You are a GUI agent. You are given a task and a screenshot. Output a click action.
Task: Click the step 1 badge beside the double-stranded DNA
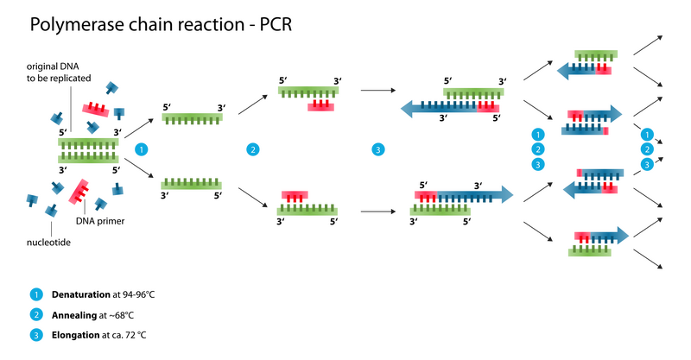pos(142,149)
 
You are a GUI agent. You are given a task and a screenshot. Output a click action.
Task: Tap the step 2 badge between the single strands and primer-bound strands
pos(252,149)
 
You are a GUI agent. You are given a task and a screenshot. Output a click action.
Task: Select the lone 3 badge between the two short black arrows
pos(377,149)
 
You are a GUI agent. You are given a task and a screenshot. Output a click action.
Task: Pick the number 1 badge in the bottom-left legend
pos(36,294)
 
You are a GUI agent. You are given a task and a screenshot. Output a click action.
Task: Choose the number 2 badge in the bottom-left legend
pos(36,314)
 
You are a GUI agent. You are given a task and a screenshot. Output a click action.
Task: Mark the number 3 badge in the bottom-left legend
pos(36,334)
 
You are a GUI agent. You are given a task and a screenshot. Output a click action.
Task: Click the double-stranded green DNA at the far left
pos(88,149)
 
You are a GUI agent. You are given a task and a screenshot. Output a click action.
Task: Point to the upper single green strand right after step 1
pos(192,117)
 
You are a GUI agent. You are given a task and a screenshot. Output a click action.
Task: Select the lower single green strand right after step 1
pos(192,184)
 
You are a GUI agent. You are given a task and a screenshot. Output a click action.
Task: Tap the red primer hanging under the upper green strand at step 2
pos(320,106)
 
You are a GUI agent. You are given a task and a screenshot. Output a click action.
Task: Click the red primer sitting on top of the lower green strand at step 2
pos(295,195)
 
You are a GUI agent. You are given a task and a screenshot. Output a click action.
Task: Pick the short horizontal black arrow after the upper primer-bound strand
pos(377,90)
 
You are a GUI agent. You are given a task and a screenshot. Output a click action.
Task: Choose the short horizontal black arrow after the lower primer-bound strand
pos(377,211)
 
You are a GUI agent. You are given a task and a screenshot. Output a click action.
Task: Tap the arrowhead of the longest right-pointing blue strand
pos(508,194)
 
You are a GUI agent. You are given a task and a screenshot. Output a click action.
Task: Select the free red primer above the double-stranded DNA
pos(96,109)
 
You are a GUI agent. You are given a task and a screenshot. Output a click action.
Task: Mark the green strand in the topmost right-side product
pos(596,54)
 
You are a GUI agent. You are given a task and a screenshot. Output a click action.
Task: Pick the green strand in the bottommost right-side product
pos(590,252)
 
